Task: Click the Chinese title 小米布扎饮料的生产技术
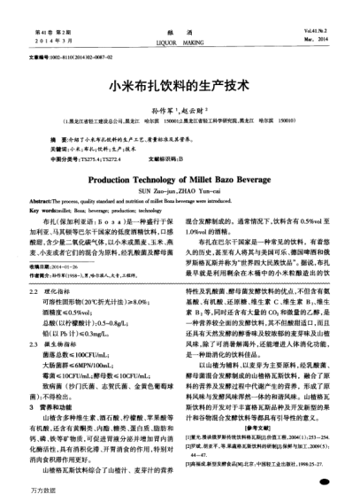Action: [180, 89]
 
